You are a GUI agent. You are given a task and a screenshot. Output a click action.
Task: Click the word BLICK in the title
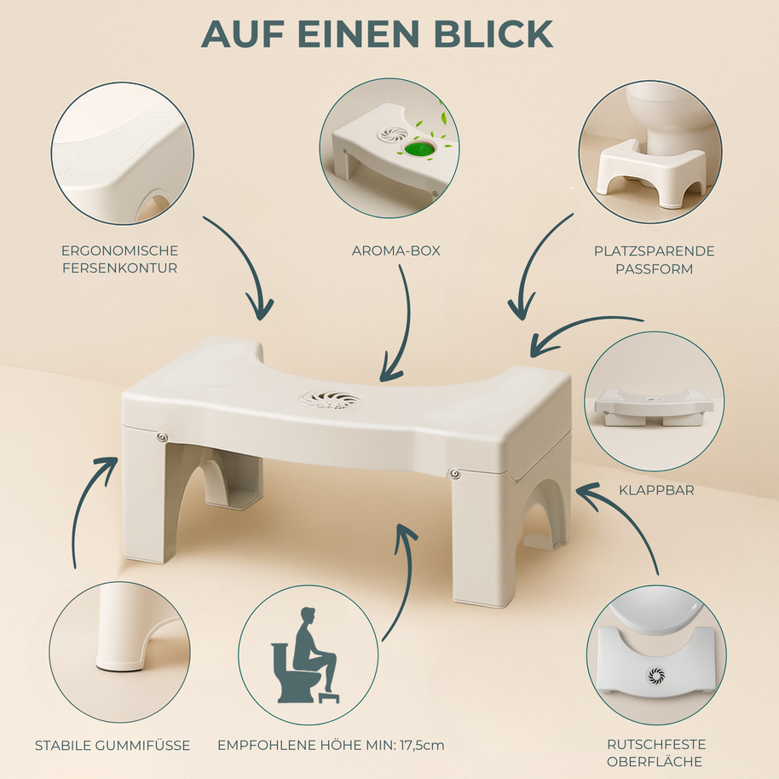(493, 34)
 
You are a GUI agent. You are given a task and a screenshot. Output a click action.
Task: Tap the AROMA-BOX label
(396, 251)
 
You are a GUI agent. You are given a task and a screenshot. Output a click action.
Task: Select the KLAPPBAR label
(656, 490)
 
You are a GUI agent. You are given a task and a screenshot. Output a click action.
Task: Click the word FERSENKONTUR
(119, 268)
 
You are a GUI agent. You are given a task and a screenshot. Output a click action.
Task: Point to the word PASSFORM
(654, 269)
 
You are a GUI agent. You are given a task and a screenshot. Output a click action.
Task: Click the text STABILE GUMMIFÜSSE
(113, 745)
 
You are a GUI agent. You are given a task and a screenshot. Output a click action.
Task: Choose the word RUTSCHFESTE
(656, 745)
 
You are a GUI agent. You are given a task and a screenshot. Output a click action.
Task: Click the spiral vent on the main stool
(331, 399)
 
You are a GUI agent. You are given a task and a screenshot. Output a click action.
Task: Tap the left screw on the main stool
(161, 437)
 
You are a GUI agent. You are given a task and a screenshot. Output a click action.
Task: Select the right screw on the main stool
(453, 473)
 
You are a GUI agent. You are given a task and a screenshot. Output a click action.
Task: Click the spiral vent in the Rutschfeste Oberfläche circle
(656, 675)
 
